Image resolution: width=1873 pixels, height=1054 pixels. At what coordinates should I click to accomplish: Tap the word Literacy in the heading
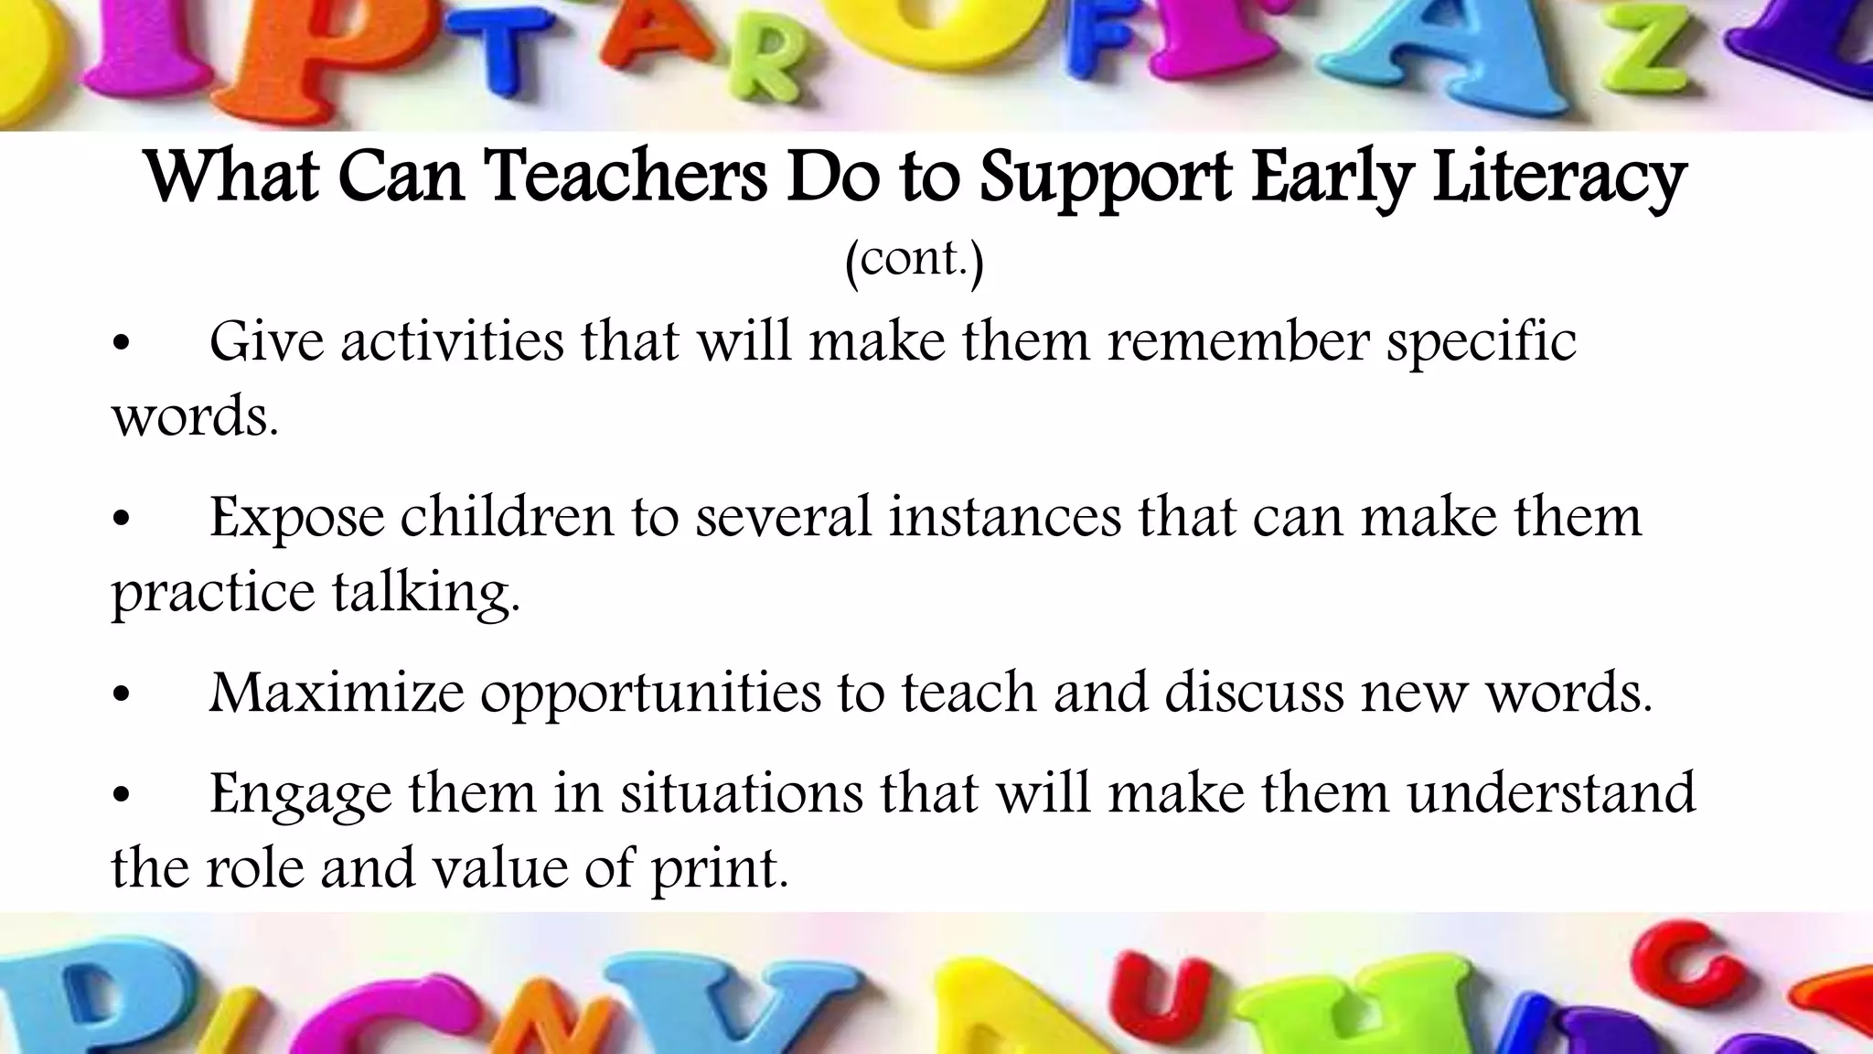tap(1558, 177)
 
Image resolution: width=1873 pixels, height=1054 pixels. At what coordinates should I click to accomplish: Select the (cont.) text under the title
tap(914, 260)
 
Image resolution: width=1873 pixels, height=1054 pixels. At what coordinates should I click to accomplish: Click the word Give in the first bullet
tap(266, 342)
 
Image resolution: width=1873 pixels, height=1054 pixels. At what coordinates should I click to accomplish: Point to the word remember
tap(1238, 342)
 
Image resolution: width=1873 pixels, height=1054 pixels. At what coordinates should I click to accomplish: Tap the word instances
tap(1004, 517)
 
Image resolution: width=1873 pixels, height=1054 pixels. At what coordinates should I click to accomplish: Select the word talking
tap(424, 594)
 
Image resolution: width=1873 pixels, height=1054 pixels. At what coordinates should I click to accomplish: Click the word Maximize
tap(337, 693)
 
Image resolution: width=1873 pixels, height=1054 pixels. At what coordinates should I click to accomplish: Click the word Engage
tap(300, 794)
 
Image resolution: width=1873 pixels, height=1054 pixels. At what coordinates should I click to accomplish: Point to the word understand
tap(1551, 792)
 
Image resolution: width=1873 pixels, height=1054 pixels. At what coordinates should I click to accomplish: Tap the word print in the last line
tap(719, 868)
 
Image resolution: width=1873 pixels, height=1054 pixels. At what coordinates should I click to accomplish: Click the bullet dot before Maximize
tap(122, 696)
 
